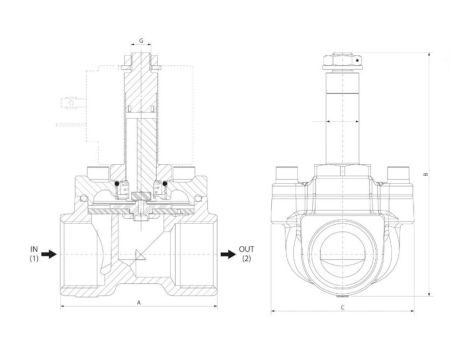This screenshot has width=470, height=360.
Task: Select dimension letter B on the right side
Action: click(x=428, y=173)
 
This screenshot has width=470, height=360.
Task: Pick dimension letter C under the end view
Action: click(x=344, y=310)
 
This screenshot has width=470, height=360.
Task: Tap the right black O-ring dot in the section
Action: click(x=160, y=184)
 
